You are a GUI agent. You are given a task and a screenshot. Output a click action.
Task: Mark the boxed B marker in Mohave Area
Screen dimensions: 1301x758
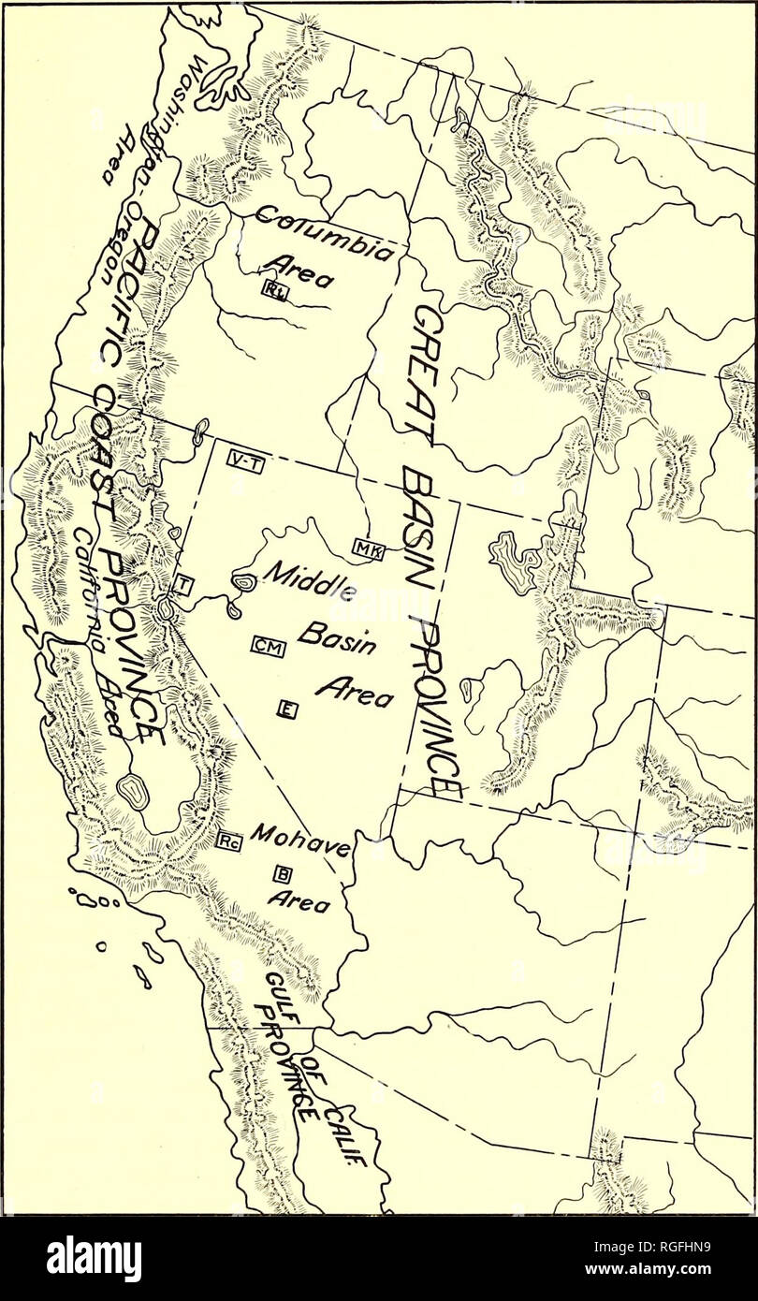point(281,874)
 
